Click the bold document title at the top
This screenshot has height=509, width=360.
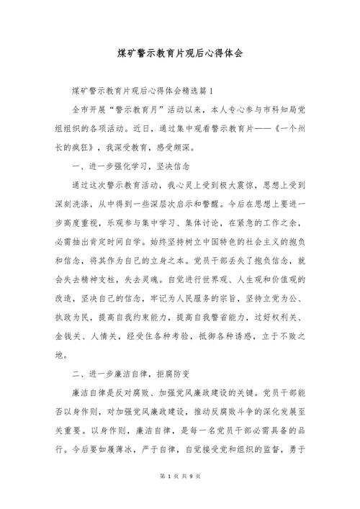tap(180, 54)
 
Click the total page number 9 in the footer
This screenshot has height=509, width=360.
tap(189, 497)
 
